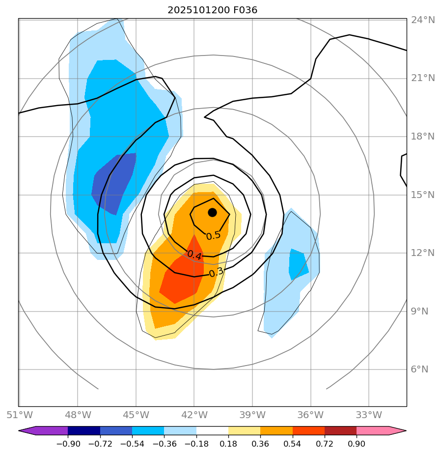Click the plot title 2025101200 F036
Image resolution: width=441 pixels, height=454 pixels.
(x=212, y=10)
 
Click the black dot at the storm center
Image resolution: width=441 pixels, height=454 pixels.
(x=212, y=212)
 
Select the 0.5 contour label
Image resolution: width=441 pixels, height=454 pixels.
(x=213, y=236)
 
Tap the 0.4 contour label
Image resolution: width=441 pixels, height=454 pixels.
(x=194, y=255)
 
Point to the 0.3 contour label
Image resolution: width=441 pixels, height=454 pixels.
(x=216, y=272)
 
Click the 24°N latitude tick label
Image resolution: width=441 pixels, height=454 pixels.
(x=422, y=20)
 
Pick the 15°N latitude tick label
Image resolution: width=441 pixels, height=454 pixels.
(x=422, y=195)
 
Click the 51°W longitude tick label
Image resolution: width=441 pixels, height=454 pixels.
(x=19, y=415)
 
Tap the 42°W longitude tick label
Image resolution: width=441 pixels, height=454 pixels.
(x=194, y=415)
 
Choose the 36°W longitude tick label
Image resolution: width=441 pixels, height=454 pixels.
(x=310, y=415)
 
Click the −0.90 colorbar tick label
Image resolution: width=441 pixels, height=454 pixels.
(x=68, y=444)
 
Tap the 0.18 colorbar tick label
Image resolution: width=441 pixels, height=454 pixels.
(x=228, y=444)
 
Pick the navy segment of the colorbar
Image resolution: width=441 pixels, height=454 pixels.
(x=84, y=431)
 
